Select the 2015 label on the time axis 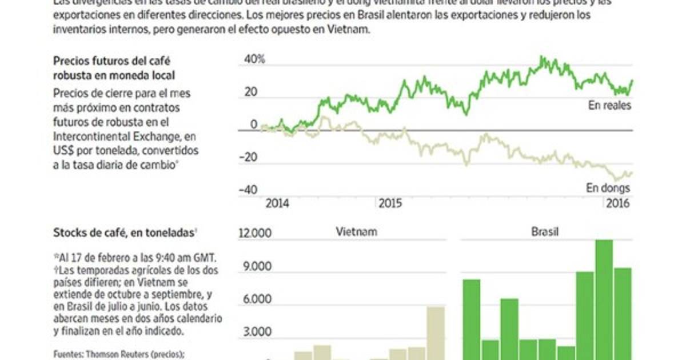[389, 203]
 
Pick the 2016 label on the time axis [617, 203]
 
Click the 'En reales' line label [609, 106]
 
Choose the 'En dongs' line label [608, 188]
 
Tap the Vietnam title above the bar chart [356, 232]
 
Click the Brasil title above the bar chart [545, 232]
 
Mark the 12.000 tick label [254, 233]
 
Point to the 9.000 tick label [257, 266]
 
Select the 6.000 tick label [257, 299]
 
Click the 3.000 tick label [257, 333]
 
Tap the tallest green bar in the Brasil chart [604, 297]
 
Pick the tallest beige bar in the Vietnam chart [436, 334]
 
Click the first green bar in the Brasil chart [472, 320]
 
